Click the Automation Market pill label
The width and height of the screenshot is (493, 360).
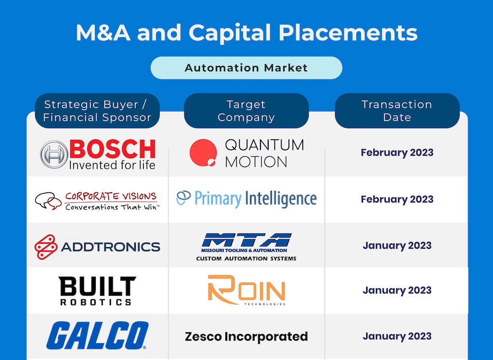click(246, 67)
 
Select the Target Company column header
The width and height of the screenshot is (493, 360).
click(246, 110)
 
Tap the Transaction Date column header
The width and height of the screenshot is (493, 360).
click(397, 110)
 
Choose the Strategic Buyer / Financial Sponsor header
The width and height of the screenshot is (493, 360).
click(97, 110)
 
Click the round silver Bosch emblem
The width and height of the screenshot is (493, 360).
click(54, 154)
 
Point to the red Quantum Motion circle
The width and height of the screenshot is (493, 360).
click(203, 153)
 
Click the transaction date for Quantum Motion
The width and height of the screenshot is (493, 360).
click(397, 153)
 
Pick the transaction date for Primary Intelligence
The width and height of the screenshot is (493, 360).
click(397, 199)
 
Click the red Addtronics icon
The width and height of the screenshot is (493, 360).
click(46, 247)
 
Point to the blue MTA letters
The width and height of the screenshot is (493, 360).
click(246, 240)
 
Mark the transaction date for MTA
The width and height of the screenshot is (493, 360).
click(397, 245)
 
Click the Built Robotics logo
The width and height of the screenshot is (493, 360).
click(97, 291)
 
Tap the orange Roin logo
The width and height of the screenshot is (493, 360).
click(246, 290)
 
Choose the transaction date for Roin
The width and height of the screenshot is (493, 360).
click(397, 290)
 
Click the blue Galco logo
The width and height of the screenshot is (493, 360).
click(97, 335)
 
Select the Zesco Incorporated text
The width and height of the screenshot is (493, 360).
click(246, 336)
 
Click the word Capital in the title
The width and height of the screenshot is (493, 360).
click(230, 33)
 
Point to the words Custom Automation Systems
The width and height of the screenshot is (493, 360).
click(246, 259)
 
